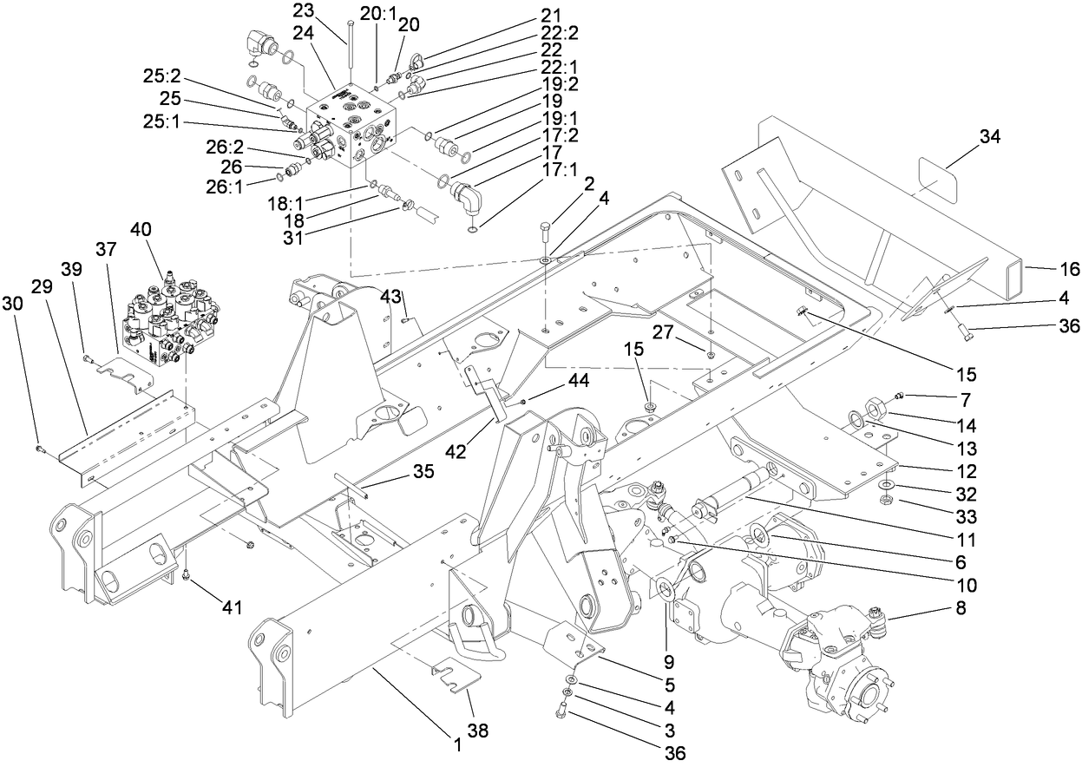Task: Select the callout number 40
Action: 141,230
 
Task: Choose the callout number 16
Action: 1070,270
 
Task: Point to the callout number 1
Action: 456,744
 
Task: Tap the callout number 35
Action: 423,472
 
